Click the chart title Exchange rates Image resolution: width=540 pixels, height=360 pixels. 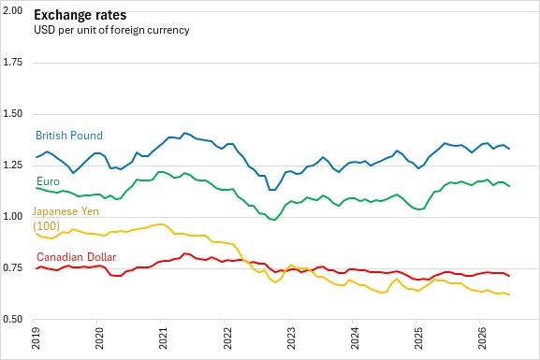(x=80, y=15)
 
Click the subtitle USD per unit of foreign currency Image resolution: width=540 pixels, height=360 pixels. (x=111, y=30)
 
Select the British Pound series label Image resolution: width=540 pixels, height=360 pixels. (x=69, y=136)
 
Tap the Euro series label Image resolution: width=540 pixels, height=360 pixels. (x=49, y=181)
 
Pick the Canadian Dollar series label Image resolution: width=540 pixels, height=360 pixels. (x=76, y=257)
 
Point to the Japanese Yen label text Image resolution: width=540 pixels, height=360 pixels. (x=66, y=211)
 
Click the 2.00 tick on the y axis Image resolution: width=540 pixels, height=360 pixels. (x=12, y=10)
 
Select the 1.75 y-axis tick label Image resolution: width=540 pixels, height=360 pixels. (x=12, y=63)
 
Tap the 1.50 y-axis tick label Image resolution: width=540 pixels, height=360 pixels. (x=12, y=114)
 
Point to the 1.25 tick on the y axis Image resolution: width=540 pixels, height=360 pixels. (x=12, y=166)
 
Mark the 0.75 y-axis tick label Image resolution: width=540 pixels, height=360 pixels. (x=12, y=267)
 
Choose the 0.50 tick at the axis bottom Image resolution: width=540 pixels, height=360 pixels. (x=12, y=320)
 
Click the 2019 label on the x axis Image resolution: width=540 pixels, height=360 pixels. (x=36, y=338)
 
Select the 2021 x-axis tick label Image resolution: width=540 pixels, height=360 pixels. (x=163, y=338)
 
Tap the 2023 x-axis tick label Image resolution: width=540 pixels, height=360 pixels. (x=291, y=338)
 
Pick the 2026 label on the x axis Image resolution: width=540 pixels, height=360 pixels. (x=482, y=338)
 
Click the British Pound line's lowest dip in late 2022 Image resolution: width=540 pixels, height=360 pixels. (x=272, y=190)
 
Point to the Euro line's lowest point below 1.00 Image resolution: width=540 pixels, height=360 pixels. (x=274, y=220)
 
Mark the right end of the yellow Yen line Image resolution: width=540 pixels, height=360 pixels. (x=509, y=295)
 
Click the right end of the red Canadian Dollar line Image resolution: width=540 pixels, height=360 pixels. (x=509, y=276)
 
